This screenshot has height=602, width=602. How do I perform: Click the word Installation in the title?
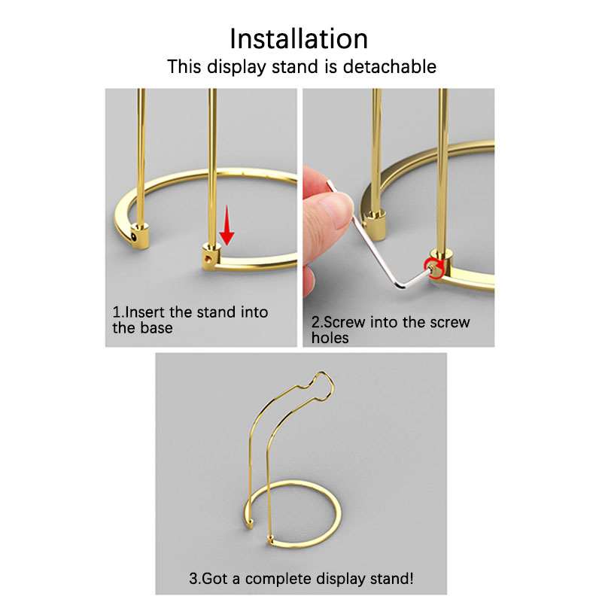tap(299, 39)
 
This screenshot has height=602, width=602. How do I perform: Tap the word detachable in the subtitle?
tap(389, 66)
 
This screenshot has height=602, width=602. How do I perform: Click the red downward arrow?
tap(227, 225)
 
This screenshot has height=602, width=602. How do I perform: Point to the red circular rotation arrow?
tap(435, 268)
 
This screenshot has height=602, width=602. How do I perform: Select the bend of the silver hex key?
tap(401, 284)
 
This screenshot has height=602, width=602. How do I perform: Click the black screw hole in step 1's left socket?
tap(133, 238)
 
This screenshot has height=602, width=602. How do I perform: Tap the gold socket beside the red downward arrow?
tap(211, 256)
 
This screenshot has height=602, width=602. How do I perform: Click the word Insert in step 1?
tap(145, 312)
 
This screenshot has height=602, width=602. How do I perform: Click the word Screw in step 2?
tap(344, 322)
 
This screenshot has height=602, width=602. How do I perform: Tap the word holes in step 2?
tap(330, 338)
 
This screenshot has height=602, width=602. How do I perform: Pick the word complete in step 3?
tap(278, 578)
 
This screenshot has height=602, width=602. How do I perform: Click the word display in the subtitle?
tap(236, 67)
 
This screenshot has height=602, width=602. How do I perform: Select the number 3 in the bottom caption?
tap(193, 578)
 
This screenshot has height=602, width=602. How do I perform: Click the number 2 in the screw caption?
tap(315, 322)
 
